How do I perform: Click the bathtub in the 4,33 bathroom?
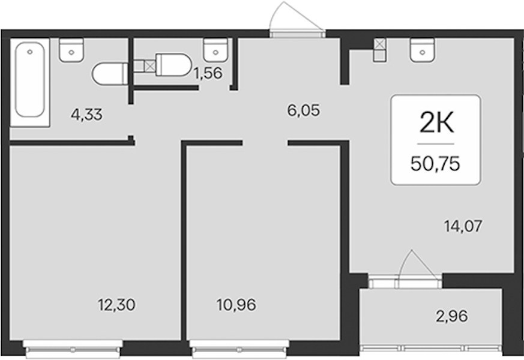pos(30,82)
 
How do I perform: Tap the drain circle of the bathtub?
pos(30,52)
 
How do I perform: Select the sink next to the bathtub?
pos(71,50)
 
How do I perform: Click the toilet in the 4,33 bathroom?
pos(110,73)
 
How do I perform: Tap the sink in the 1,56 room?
pos(215,50)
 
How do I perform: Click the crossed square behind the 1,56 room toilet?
pos(150,66)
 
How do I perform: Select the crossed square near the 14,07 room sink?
pos(379,44)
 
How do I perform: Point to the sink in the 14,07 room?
pos(423,50)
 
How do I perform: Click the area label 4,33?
pos(86,115)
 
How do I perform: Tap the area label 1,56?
pos(208,73)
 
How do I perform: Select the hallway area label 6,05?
pos(304,110)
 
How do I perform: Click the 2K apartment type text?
pos(436,123)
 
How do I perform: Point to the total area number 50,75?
pos(435,164)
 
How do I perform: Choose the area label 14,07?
pos(463,226)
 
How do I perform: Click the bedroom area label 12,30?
pos(116,305)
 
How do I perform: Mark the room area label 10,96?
pos(236,305)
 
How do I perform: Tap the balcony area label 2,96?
pos(451,316)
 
